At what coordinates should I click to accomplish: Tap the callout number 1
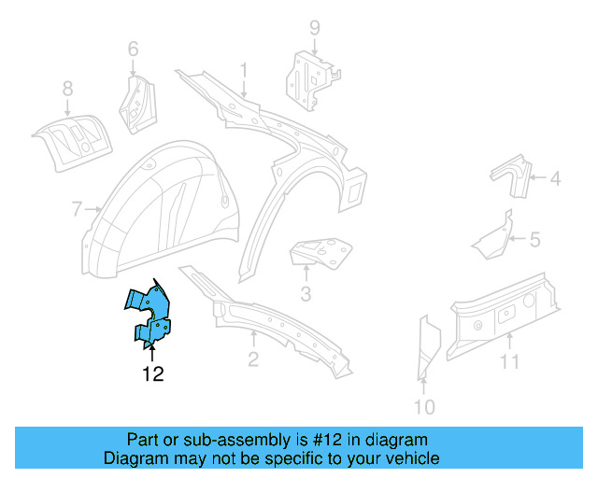pyautogui.click(x=244, y=69)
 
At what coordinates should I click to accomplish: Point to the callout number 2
pyautogui.click(x=252, y=359)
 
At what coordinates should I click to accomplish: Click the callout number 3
pyautogui.click(x=306, y=297)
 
